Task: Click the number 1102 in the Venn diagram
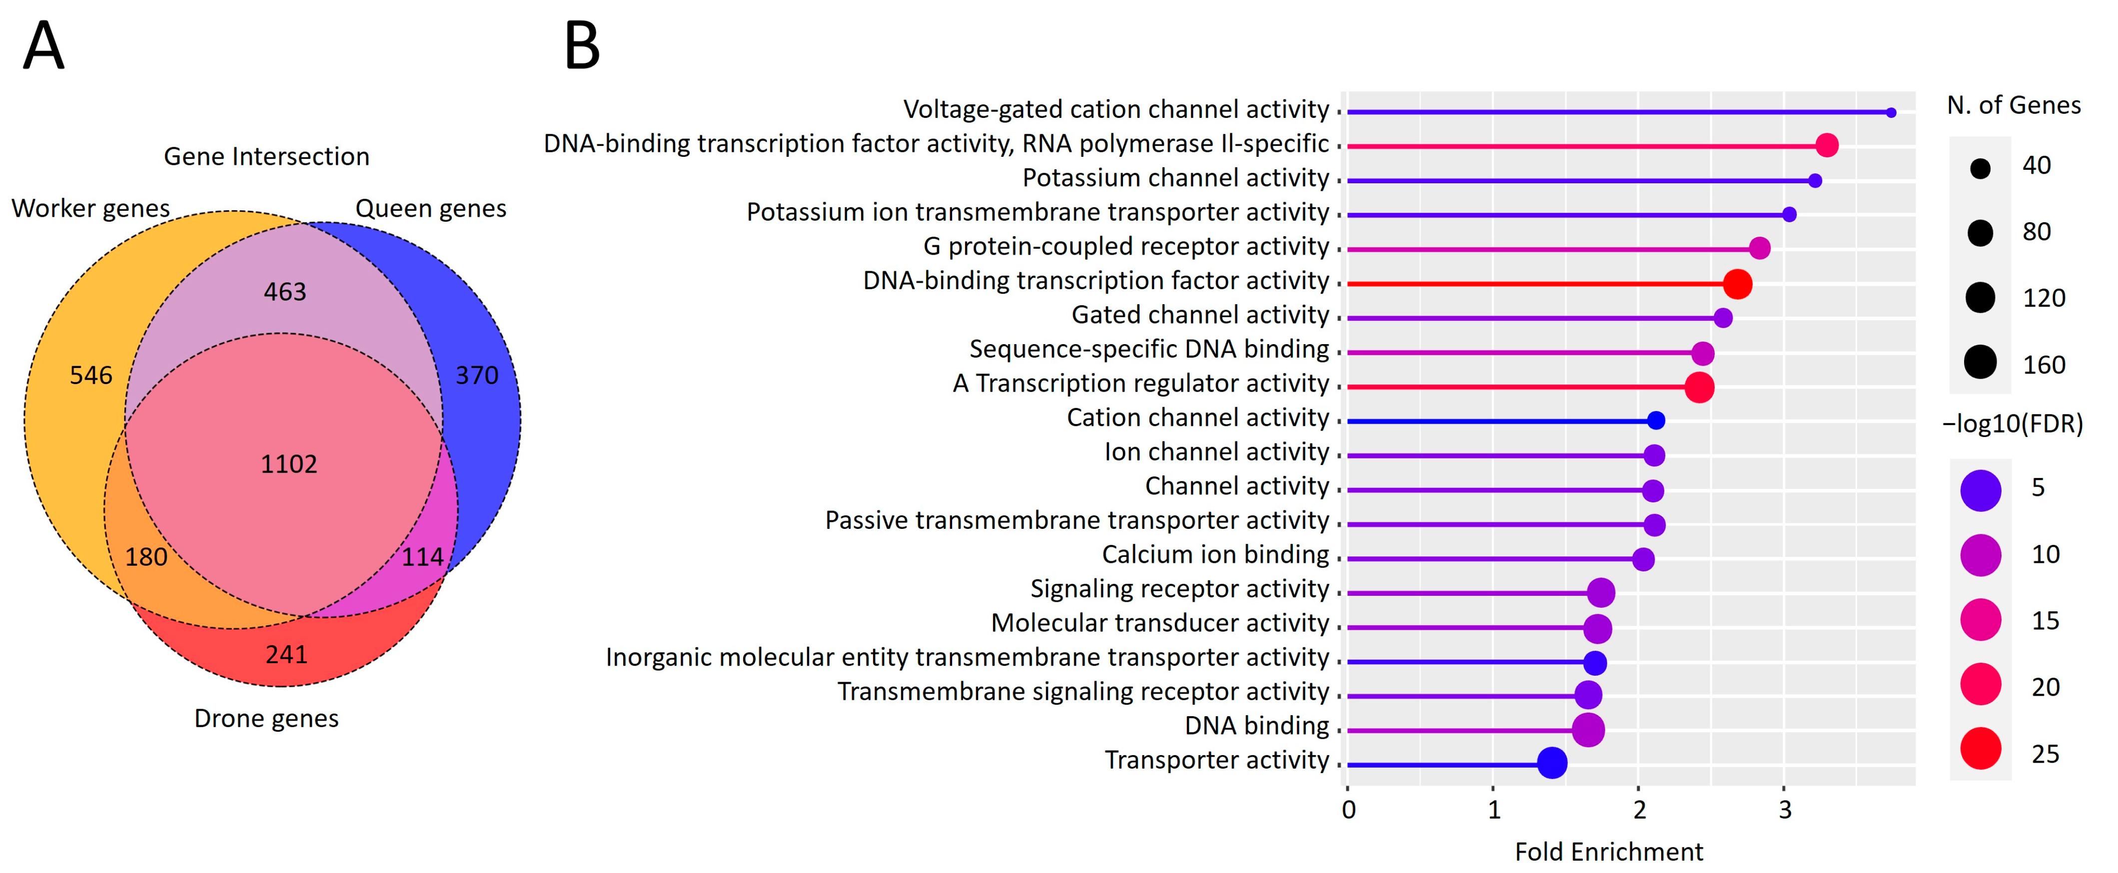[288, 464]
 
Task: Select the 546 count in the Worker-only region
[90, 376]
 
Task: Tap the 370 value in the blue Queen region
[477, 376]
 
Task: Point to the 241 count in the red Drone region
[286, 654]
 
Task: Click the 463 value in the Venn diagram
[284, 292]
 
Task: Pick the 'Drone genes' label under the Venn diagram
[266, 719]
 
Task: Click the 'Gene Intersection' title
[266, 156]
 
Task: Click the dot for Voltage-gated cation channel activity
[1891, 112]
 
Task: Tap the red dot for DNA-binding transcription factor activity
[1737, 284]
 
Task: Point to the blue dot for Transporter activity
[1551, 763]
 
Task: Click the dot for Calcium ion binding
[1643, 559]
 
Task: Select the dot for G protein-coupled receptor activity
[1760, 248]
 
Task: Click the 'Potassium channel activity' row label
[1176, 178]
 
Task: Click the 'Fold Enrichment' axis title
[1609, 852]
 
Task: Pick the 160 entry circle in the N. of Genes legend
[1981, 363]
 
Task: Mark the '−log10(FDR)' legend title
[2013, 424]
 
